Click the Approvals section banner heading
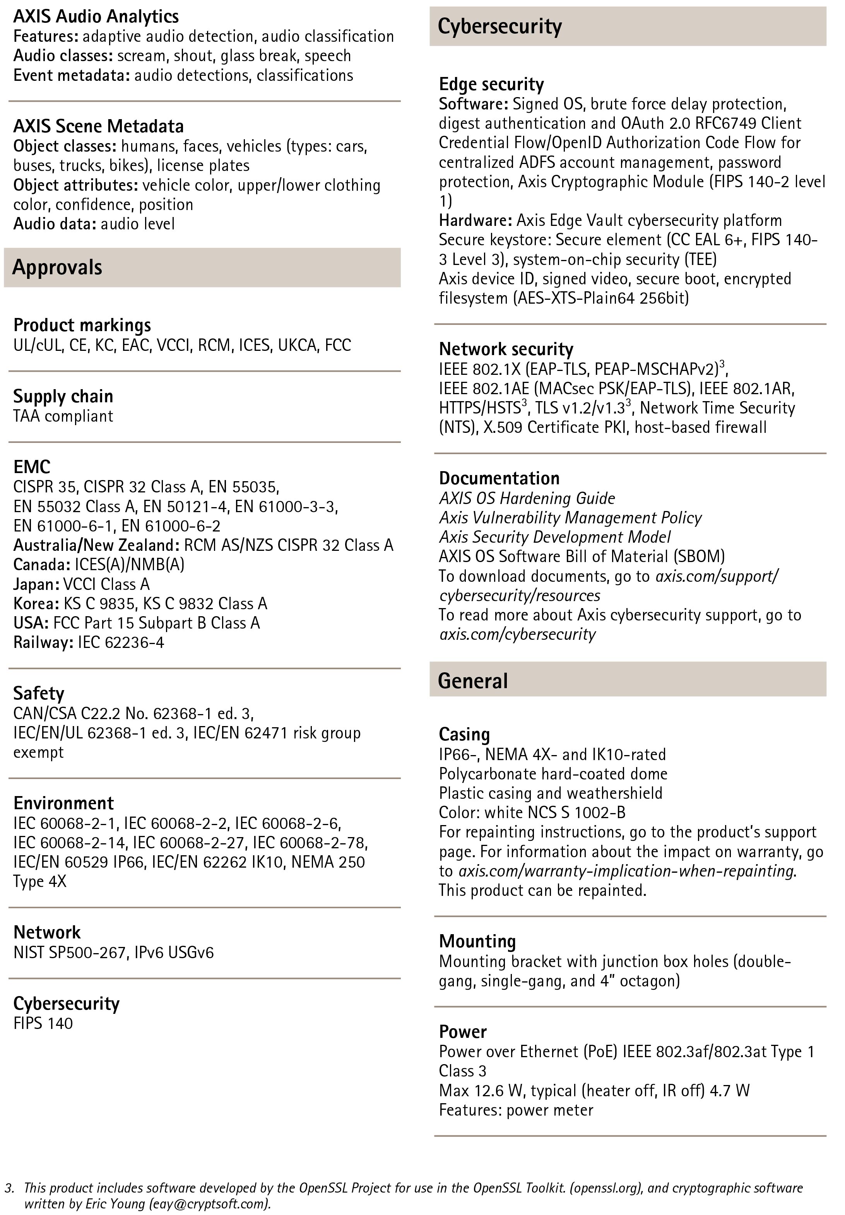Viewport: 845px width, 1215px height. coord(57,267)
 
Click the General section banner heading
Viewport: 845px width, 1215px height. coord(472,680)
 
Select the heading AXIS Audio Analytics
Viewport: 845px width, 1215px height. coord(96,16)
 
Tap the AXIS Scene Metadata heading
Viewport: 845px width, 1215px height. coord(99,126)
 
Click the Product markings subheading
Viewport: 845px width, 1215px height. coord(82,325)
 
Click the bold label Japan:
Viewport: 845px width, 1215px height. coord(36,584)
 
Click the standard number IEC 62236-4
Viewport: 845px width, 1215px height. coord(121,643)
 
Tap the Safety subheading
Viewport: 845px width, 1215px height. coord(39,693)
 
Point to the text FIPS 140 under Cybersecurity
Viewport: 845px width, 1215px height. coord(43,1023)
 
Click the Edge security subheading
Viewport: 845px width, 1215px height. coord(491,84)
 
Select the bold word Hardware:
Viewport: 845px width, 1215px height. coord(476,220)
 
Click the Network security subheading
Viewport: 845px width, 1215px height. coord(506,349)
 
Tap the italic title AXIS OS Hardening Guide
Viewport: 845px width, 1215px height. coord(527,499)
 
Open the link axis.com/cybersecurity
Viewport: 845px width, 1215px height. coord(517,634)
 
